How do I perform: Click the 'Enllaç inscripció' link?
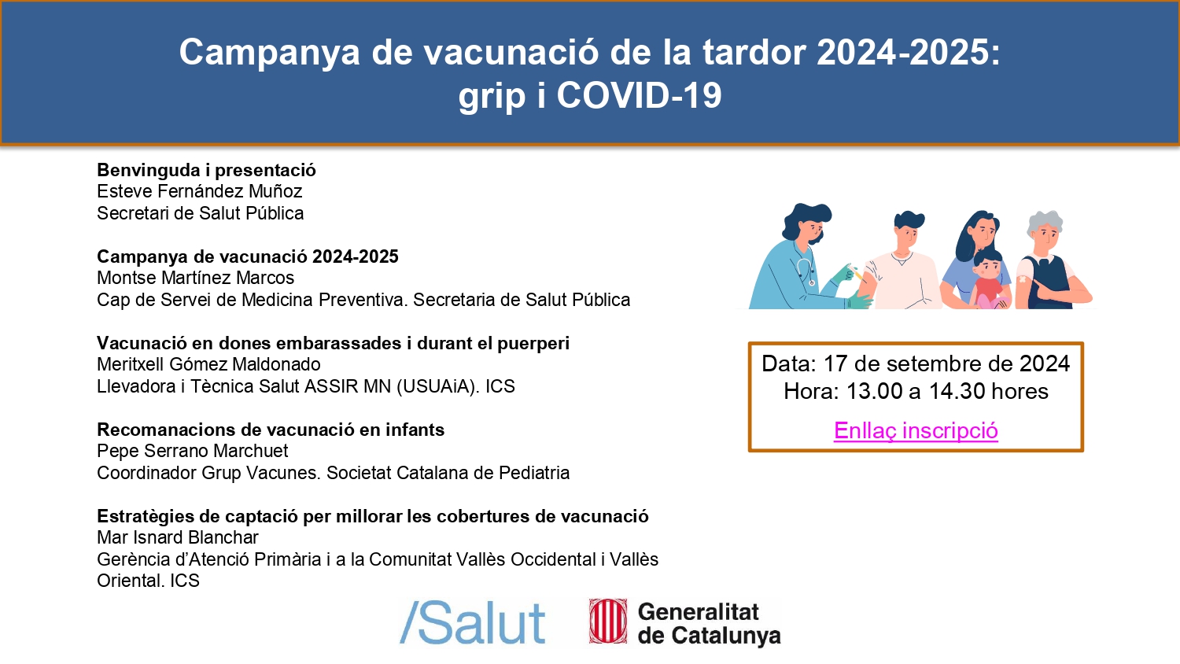point(916,430)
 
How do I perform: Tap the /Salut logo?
point(473,623)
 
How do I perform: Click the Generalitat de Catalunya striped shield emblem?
point(608,622)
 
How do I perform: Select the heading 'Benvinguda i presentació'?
point(206,170)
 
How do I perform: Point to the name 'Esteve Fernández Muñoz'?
point(200,191)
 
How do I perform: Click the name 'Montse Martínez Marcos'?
point(195,278)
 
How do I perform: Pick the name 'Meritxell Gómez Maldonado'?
point(208,364)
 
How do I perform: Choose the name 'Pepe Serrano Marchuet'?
point(192,451)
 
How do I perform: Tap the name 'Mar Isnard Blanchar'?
point(178,537)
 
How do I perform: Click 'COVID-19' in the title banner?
point(639,95)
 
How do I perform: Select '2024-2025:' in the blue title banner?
point(908,52)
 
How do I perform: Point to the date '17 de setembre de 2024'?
point(946,363)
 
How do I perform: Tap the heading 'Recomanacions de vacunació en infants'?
point(271,430)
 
